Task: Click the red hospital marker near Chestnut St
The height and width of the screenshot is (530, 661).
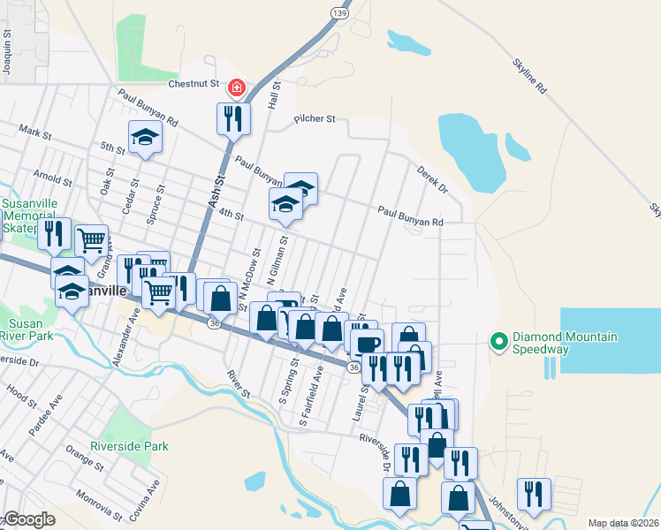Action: tap(236, 87)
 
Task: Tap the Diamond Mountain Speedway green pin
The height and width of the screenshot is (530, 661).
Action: tap(498, 340)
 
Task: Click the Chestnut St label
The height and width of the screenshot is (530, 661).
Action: tap(194, 85)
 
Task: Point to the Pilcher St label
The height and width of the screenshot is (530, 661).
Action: tap(315, 117)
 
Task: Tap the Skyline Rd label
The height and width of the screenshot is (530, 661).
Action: tap(530, 77)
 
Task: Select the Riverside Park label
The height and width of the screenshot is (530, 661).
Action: tap(129, 446)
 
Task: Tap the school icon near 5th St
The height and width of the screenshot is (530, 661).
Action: tap(146, 137)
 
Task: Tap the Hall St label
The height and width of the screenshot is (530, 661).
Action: tap(274, 95)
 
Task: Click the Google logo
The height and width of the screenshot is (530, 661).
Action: tap(29, 519)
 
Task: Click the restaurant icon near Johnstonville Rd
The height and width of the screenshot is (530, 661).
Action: tap(534, 494)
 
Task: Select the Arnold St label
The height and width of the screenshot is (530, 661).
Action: tap(50, 178)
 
